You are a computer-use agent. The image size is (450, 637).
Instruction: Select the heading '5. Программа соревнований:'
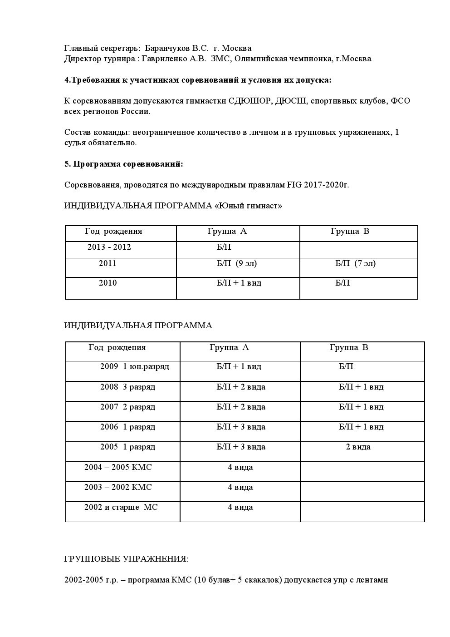[123, 164]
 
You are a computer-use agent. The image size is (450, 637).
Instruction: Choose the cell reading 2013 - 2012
[109, 247]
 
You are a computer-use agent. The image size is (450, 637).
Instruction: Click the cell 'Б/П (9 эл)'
[233, 263]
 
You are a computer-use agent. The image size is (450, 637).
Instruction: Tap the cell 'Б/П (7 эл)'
[355, 263]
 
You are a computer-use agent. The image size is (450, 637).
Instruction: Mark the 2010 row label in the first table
[108, 283]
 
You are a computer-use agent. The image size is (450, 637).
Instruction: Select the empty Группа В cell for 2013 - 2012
[358, 250]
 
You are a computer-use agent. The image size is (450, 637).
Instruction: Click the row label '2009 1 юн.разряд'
[134, 366]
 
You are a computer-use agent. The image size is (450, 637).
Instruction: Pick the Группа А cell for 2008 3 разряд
[240, 387]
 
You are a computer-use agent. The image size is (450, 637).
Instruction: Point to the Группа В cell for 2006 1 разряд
[361, 427]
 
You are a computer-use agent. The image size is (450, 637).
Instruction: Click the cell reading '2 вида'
[358, 447]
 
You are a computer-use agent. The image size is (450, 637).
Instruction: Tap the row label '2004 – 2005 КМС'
[118, 467]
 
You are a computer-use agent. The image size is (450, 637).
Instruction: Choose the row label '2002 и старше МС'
[121, 507]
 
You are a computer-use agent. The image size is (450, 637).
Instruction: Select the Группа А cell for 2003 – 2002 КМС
[240, 487]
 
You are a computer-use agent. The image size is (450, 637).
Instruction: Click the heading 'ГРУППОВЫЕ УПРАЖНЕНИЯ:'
[126, 559]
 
